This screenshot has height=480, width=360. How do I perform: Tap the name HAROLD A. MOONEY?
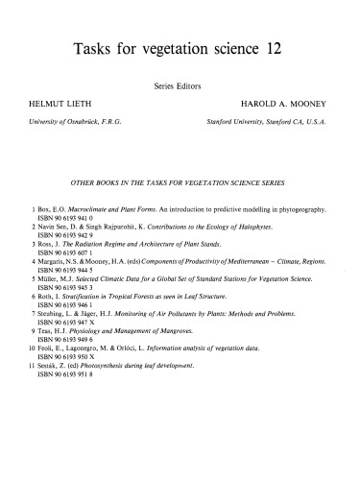pos(285,101)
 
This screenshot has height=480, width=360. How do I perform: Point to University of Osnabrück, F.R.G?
pos(70,122)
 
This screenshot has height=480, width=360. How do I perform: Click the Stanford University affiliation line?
pos(272,122)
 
